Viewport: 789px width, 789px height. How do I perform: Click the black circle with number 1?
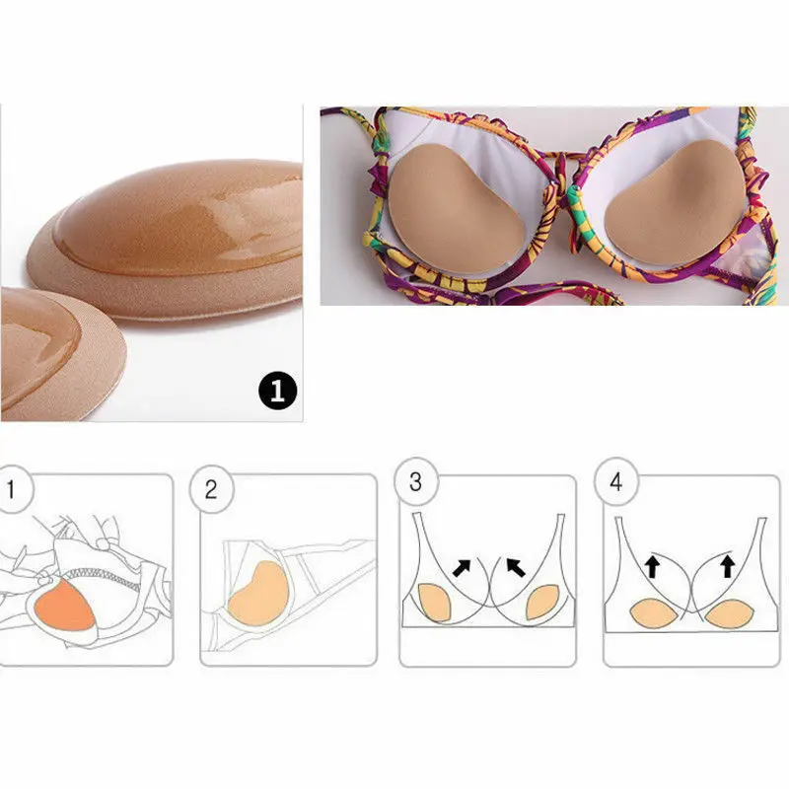coord(277,392)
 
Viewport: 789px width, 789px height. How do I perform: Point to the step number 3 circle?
coord(415,482)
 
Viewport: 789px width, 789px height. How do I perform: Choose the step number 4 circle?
coord(616,482)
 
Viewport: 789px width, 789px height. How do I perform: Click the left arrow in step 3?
coord(462,567)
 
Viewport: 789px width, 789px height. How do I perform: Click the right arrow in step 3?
coord(515,567)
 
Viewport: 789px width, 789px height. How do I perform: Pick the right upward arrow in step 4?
coord(728,565)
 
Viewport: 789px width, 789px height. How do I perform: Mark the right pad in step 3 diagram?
coord(543,603)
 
